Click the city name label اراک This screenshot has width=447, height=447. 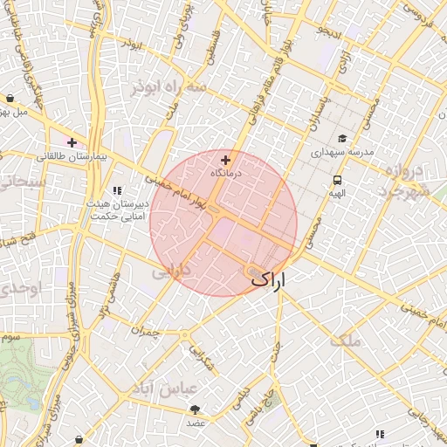click(x=268, y=279)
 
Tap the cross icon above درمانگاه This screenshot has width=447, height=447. click(x=226, y=160)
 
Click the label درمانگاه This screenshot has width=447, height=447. click(x=226, y=173)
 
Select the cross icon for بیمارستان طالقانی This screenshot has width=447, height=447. click(x=72, y=142)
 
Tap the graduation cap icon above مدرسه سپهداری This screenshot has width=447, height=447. click(x=342, y=138)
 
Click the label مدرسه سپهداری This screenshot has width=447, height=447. click(x=342, y=151)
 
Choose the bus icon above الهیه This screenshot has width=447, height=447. click(x=336, y=180)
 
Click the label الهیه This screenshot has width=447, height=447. click(x=336, y=193)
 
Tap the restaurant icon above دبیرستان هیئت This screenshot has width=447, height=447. click(x=117, y=189)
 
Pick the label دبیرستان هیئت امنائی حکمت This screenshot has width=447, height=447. click(x=117, y=209)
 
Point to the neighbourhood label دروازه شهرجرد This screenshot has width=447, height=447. click(x=407, y=180)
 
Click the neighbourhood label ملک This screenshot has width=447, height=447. click(x=346, y=340)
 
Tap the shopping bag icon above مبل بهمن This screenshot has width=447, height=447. click(x=9, y=99)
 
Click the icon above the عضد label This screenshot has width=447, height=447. click(x=194, y=409)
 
